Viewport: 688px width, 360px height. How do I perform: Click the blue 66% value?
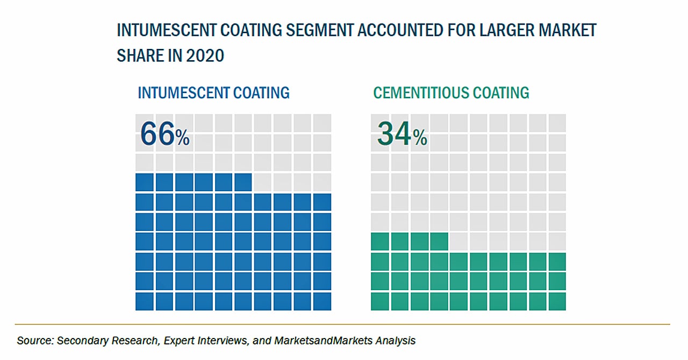[164, 134]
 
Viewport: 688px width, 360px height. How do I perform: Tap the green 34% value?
[402, 134]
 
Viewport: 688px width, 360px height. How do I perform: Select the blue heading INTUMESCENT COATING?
[213, 93]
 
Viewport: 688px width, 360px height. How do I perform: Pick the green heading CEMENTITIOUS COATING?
[451, 93]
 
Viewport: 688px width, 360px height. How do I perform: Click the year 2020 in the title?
[205, 55]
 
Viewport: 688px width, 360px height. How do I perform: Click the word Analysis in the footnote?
[395, 341]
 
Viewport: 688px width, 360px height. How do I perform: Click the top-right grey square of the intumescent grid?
[322, 123]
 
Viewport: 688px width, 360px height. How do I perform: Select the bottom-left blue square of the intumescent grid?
[145, 301]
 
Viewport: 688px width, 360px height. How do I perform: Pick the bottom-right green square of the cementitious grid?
[557, 301]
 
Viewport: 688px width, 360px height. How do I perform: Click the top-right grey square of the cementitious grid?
[557, 123]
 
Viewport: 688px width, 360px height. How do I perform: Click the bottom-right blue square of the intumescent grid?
[322, 301]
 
